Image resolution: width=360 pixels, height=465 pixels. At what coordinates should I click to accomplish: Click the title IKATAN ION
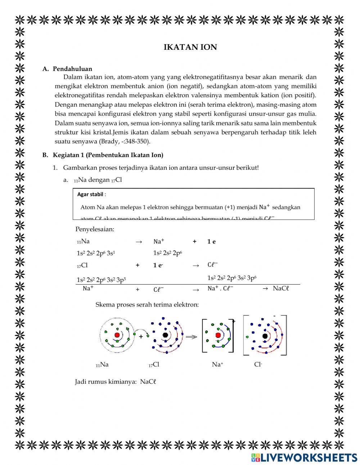click(x=190, y=47)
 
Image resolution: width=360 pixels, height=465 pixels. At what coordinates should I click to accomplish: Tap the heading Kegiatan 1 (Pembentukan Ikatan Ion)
click(x=108, y=155)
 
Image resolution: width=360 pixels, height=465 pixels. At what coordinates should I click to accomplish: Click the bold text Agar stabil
click(x=90, y=194)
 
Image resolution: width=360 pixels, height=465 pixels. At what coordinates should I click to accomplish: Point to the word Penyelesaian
click(x=95, y=229)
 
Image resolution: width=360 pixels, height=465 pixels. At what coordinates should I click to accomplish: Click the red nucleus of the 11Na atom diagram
click(x=117, y=335)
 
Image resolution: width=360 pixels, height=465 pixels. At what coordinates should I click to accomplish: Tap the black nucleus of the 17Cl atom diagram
click(x=165, y=335)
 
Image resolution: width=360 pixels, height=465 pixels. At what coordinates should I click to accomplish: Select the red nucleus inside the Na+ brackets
click(x=218, y=335)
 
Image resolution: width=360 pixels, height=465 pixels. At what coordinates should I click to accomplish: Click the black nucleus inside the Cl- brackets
click(x=265, y=336)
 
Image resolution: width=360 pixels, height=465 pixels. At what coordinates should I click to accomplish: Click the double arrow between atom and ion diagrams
click(x=192, y=336)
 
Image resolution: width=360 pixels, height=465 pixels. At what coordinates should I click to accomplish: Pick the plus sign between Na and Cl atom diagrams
click(x=141, y=336)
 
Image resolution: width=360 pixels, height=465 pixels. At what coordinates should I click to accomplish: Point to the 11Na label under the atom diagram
click(x=102, y=365)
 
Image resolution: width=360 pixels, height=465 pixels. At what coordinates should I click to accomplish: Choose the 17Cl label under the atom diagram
click(x=154, y=365)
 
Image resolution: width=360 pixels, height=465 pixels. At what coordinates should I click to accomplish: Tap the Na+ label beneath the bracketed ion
click(x=217, y=365)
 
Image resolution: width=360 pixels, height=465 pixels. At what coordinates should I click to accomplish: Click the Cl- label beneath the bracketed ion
click(x=258, y=365)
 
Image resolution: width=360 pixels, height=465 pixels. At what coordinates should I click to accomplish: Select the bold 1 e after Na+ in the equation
click(x=211, y=242)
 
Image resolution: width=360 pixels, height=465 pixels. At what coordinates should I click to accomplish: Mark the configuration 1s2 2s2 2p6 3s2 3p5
click(x=101, y=280)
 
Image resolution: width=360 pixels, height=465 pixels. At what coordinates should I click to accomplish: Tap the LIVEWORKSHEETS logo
click(x=304, y=457)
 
